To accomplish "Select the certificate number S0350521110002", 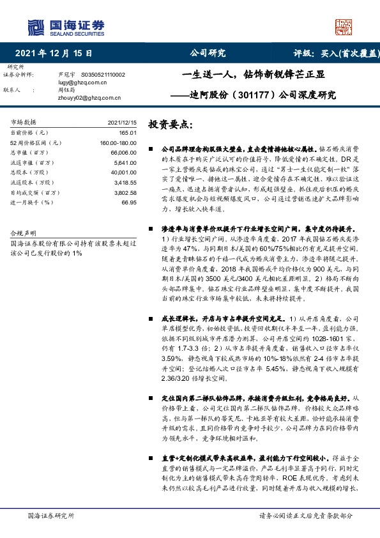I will (x=100, y=75).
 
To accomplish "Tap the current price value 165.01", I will (x=128, y=131).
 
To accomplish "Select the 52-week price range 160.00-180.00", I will (x=118, y=142).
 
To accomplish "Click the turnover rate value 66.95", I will (x=129, y=203).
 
